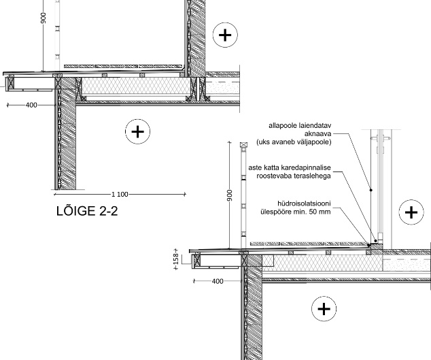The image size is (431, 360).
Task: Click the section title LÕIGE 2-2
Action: (x=87, y=211)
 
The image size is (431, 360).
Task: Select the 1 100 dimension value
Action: (x=120, y=195)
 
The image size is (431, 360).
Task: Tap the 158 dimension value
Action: (x=176, y=259)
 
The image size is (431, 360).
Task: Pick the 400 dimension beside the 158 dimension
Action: (x=218, y=281)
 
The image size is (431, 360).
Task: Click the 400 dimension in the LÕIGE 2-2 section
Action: (x=31, y=105)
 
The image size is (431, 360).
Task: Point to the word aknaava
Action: (x=317, y=134)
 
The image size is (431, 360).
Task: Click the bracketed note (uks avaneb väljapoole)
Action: (x=294, y=142)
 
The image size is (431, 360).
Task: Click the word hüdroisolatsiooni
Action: (x=304, y=203)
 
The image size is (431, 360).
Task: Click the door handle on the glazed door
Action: (x=380, y=139)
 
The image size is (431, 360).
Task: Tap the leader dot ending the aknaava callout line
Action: (x=370, y=190)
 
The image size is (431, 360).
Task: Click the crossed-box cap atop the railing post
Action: (x=243, y=145)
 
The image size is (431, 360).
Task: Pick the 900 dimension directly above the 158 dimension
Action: (x=230, y=195)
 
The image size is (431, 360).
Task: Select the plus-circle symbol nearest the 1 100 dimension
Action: (x=138, y=131)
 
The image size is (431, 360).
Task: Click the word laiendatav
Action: (x=315, y=125)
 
